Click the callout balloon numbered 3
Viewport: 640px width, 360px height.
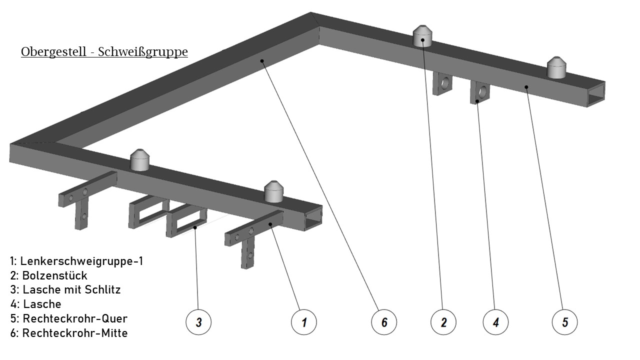coord(198,322)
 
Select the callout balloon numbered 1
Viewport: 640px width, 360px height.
coord(304,322)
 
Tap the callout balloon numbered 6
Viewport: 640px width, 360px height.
coord(384,322)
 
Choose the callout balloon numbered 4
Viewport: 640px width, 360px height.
coord(495,322)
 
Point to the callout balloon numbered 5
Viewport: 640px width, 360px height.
coord(564,322)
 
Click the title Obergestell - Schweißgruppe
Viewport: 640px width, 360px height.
coord(104,52)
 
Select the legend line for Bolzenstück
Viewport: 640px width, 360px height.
coord(48,275)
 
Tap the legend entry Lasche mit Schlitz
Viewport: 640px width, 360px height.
coord(65,289)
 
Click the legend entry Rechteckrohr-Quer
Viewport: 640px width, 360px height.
coord(68,318)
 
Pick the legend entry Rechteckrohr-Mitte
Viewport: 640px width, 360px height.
coord(68,333)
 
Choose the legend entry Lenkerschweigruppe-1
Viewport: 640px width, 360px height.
coord(76,261)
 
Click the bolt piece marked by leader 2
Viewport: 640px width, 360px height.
coord(423,36)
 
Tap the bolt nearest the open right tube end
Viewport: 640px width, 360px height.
coord(555,68)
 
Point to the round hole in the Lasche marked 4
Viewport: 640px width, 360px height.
coord(483,91)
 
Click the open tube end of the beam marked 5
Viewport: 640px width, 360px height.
coord(595,94)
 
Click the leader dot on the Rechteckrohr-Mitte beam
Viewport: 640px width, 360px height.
coord(261,61)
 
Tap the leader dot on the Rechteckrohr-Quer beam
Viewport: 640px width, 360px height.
coord(526,86)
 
